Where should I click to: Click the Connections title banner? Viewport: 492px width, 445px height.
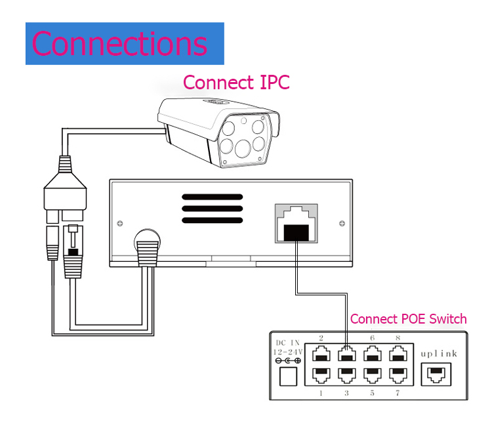coord(125,43)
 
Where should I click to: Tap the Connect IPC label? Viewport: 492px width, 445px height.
coord(236,82)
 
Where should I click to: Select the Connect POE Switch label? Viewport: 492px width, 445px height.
coord(408,319)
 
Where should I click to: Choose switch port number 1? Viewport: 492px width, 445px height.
coord(321,375)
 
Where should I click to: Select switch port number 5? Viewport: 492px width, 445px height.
coord(372,375)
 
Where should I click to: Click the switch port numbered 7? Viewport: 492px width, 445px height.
coord(397,375)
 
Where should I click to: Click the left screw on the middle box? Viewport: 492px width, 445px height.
coord(119,224)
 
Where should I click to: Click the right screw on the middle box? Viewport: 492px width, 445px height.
coord(342,224)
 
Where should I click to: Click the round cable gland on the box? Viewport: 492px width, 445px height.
coord(148,244)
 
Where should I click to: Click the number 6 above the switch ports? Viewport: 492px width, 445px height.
coord(372,338)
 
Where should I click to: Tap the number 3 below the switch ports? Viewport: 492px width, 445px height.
coord(346,393)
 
